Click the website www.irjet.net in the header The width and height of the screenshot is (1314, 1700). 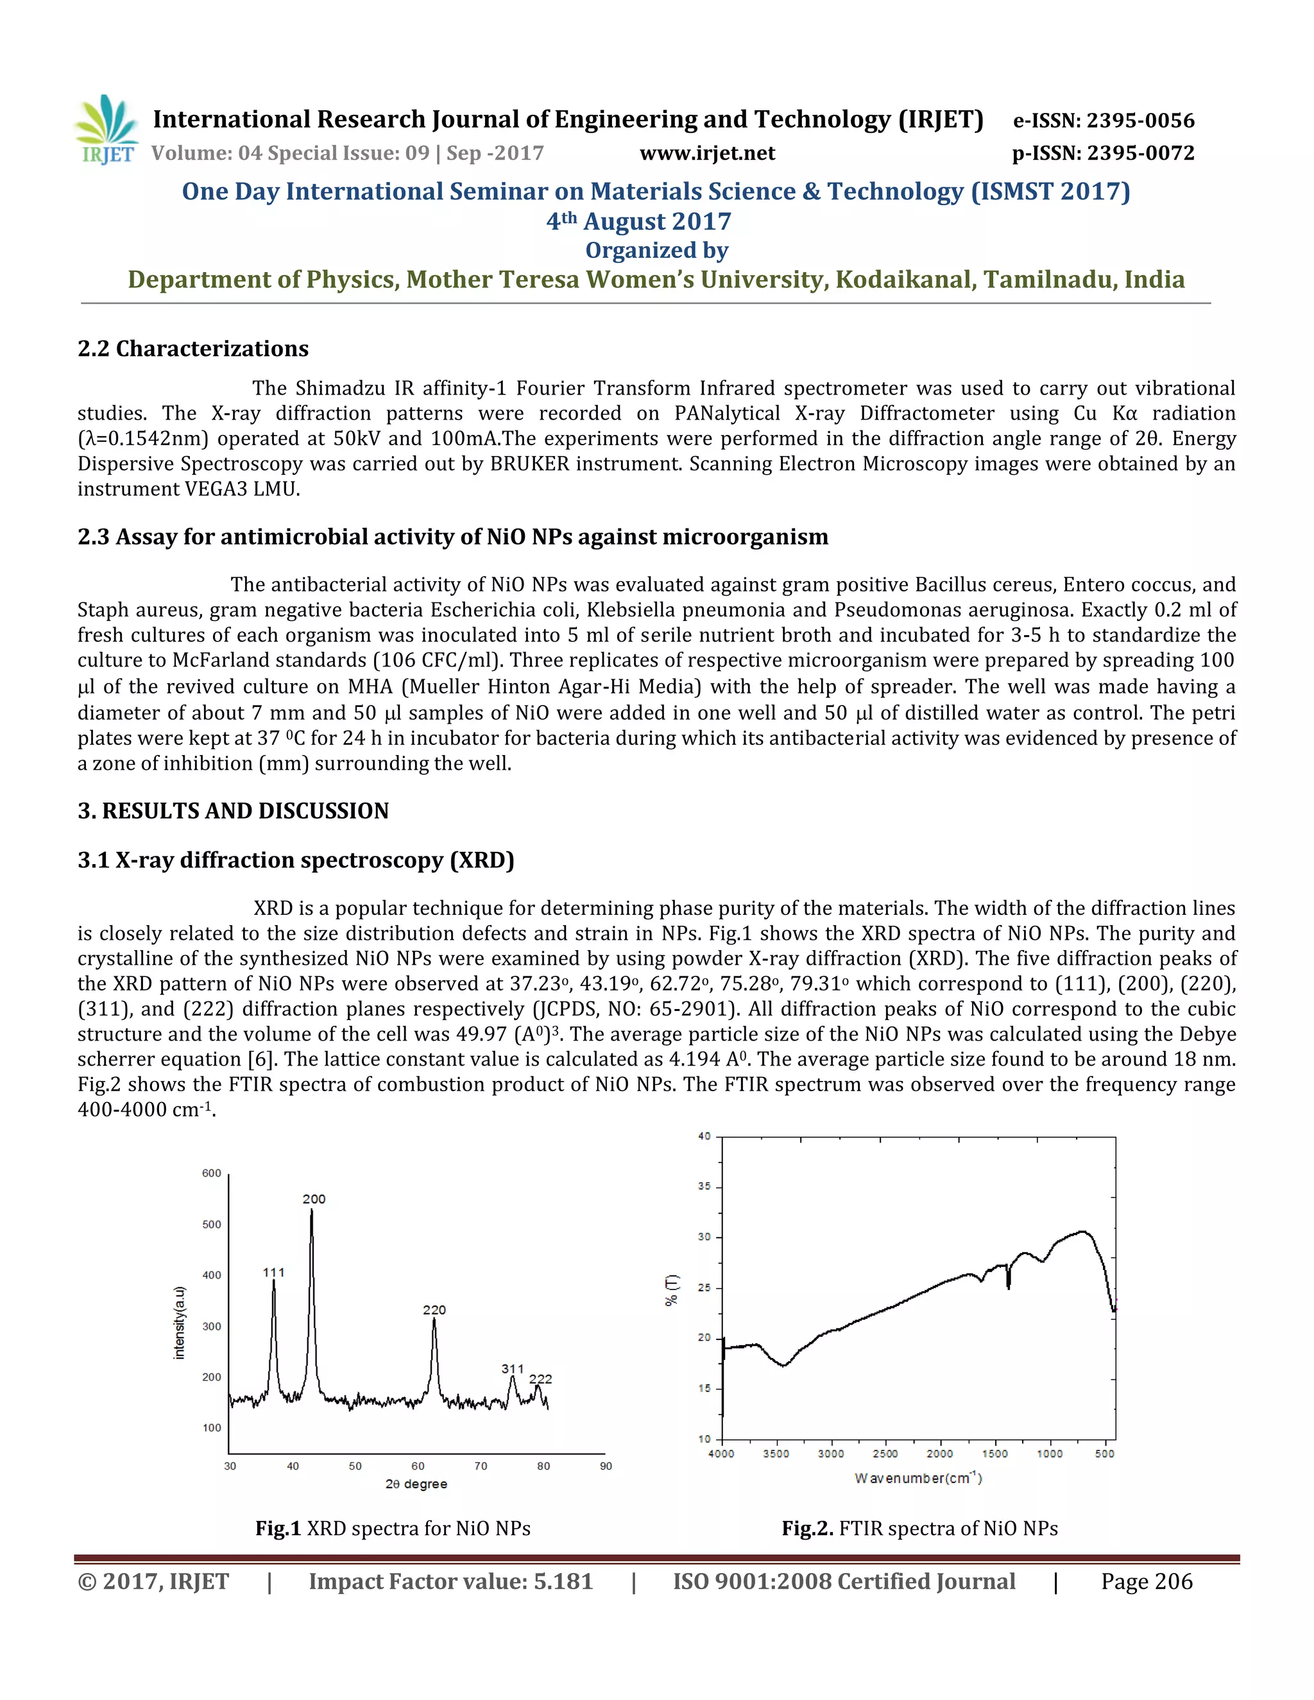click(x=707, y=153)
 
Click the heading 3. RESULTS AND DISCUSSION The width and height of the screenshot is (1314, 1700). click(x=233, y=810)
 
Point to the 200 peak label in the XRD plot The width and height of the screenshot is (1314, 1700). click(x=314, y=1199)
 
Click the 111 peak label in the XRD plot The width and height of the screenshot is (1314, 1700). click(x=273, y=1272)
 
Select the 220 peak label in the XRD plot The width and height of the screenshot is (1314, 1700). click(x=434, y=1309)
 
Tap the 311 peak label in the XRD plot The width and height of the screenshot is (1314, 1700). click(x=512, y=1368)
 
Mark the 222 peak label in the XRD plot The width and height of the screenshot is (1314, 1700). click(x=540, y=1379)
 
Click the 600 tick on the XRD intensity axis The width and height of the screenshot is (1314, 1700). click(x=212, y=1173)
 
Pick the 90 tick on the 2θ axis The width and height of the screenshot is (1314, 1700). click(x=606, y=1466)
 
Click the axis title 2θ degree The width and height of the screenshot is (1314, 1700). click(x=416, y=1484)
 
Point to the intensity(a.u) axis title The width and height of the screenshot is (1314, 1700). click(x=180, y=1323)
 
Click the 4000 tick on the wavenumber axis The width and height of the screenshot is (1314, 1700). click(x=722, y=1453)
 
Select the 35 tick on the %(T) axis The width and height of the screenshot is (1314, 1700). click(x=704, y=1186)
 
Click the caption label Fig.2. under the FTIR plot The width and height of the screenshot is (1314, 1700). click(x=807, y=1528)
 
